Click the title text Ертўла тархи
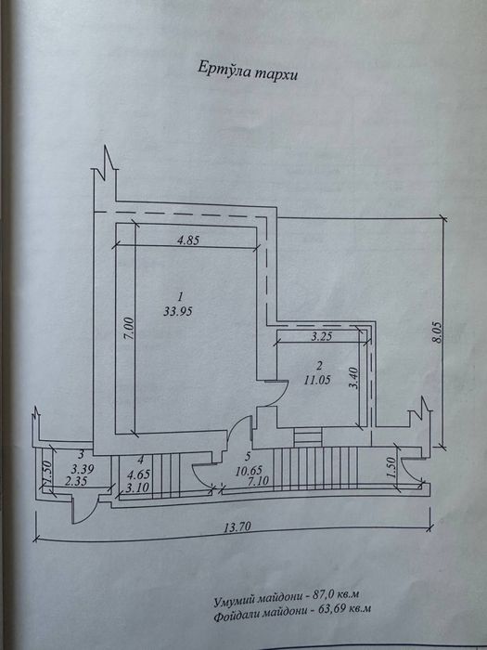pos(248,71)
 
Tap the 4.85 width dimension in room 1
pos(188,240)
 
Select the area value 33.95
pos(178,311)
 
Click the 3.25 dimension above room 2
pos(321,336)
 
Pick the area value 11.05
pos(317,380)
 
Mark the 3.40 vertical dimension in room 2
pos(354,379)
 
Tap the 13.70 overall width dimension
pos(237,526)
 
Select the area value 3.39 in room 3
pos(83,470)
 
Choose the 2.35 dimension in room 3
pos(77,481)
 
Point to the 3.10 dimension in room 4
pos(137,487)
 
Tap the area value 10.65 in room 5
pos(249,472)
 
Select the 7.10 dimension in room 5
pos(258,481)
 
